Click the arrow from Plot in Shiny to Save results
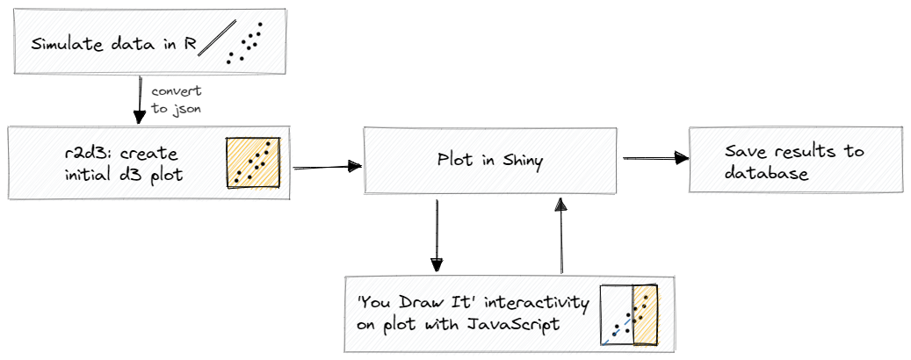(x=655, y=158)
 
